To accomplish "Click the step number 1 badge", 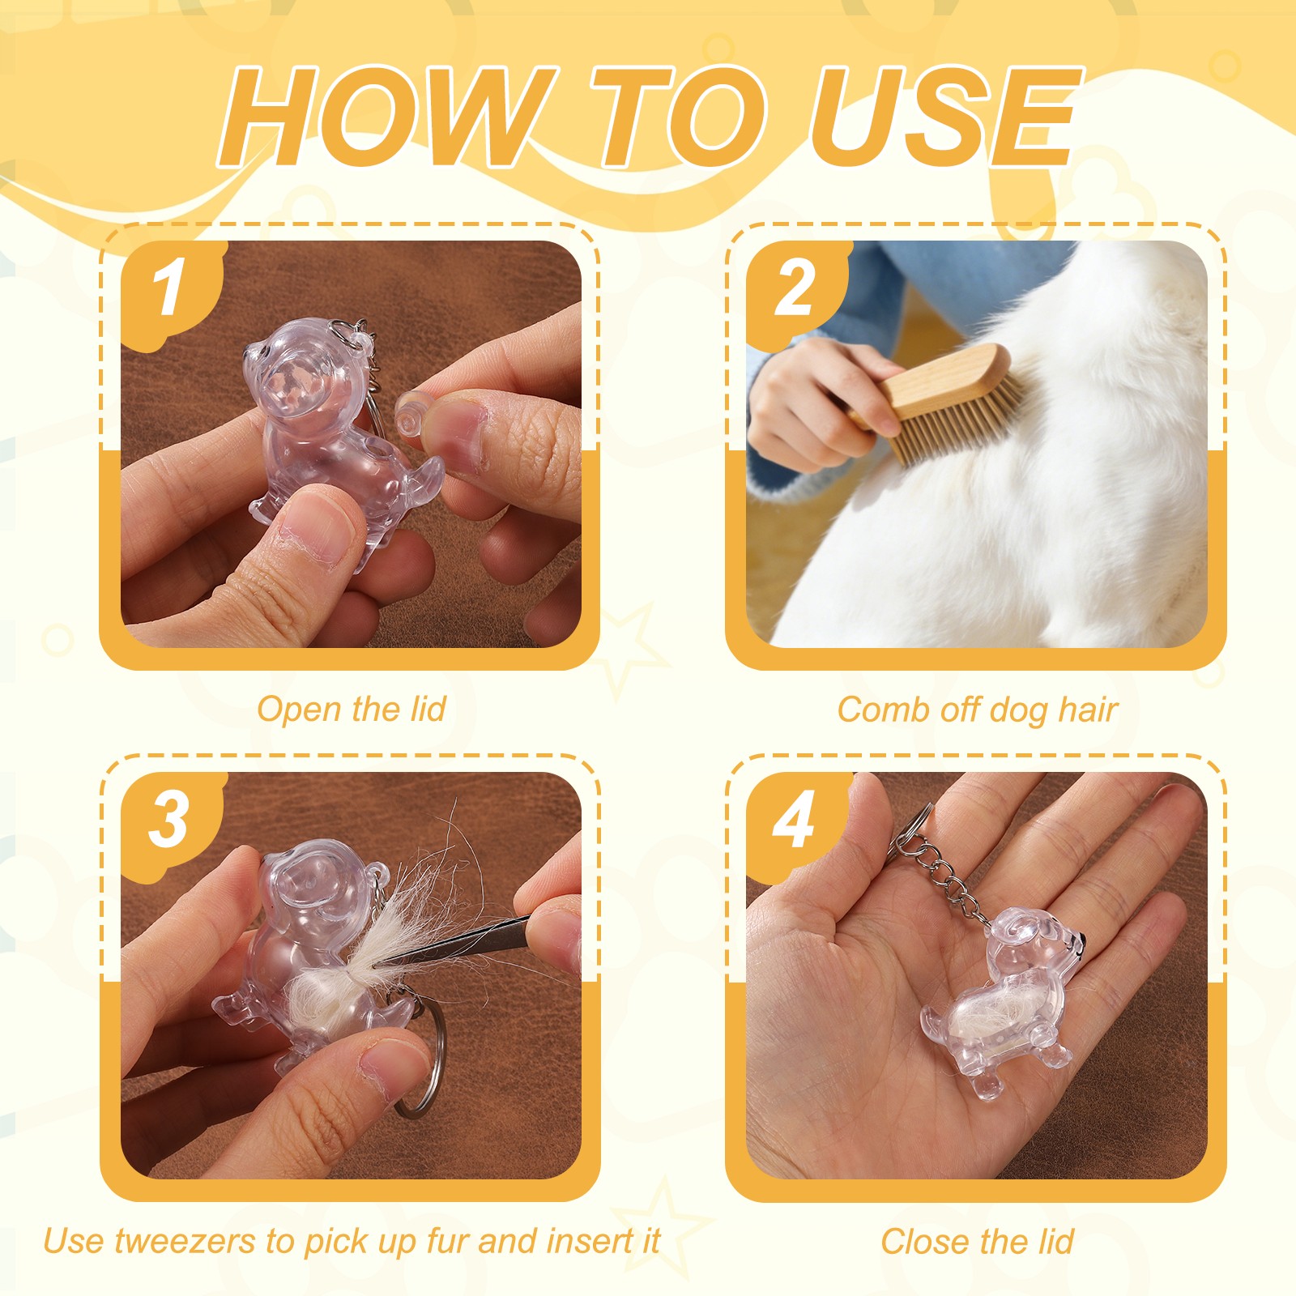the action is coord(171,290).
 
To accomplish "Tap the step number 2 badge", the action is coord(795,290).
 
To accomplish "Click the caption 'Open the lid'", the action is coord(352,710).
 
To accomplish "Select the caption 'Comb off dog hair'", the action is coord(977,710).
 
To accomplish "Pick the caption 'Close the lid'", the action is coord(977,1241).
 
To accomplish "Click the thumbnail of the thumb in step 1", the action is coord(319,531).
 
